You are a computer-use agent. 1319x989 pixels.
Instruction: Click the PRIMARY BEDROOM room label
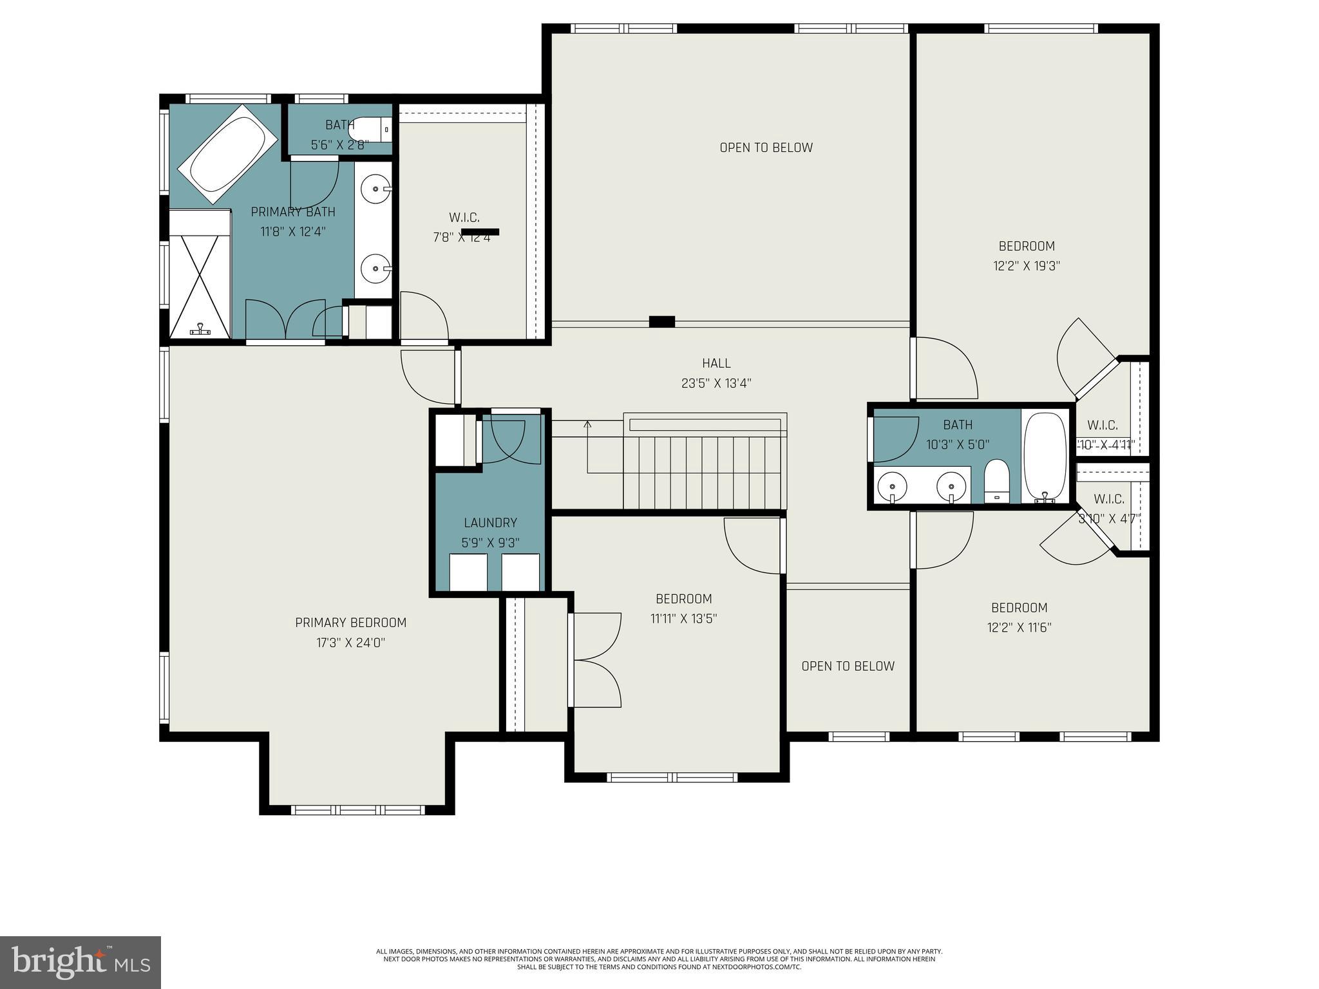[x=350, y=623]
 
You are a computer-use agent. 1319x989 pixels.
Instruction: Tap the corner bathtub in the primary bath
[x=228, y=155]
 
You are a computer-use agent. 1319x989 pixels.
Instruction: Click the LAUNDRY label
[x=490, y=523]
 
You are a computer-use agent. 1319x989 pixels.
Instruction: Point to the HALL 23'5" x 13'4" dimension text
[x=716, y=384]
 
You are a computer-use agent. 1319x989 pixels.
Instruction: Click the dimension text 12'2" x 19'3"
[x=1026, y=266]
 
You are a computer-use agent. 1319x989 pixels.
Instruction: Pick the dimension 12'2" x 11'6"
[x=1019, y=628]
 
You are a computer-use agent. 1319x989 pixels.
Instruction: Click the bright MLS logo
[x=81, y=963]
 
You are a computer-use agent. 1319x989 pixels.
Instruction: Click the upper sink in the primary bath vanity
[x=374, y=189]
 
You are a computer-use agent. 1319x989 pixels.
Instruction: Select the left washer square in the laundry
[x=468, y=572]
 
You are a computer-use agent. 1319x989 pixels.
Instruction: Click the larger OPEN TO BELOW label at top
[x=766, y=148]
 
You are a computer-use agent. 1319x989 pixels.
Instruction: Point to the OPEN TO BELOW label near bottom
[x=848, y=666]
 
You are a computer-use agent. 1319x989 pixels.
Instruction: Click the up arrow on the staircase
[x=587, y=424]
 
